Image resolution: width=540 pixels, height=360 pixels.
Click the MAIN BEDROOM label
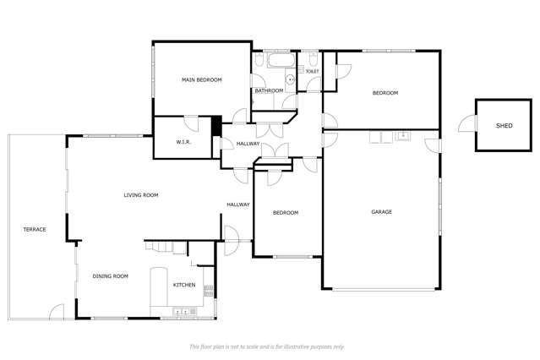click(x=201, y=80)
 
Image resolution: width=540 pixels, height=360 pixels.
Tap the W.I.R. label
click(x=183, y=142)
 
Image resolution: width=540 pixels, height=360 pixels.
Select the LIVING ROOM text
click(x=141, y=195)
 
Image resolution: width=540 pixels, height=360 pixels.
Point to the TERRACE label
click(x=35, y=229)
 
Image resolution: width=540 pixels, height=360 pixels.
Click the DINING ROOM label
click(x=110, y=276)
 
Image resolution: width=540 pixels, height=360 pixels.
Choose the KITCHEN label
click(x=184, y=285)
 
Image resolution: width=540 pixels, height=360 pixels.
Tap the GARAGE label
click(x=382, y=212)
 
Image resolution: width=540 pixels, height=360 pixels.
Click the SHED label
click(x=505, y=126)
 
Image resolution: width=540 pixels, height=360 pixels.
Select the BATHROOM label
click(x=269, y=90)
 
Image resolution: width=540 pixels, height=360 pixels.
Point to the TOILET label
click(x=313, y=71)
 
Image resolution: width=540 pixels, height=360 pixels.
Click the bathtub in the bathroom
click(x=281, y=60)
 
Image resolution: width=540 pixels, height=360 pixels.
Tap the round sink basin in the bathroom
click(x=291, y=79)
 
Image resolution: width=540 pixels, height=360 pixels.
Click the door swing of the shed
click(x=466, y=123)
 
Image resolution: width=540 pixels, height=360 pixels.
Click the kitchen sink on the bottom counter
click(x=181, y=312)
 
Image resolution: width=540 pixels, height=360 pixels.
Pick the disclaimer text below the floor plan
click(x=267, y=346)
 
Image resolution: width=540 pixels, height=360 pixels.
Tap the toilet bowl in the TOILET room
click(x=313, y=59)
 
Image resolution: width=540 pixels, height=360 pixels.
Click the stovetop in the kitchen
click(x=209, y=291)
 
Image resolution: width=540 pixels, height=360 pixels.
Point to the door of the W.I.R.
click(x=191, y=123)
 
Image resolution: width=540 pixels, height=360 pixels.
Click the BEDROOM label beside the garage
click(x=286, y=213)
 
